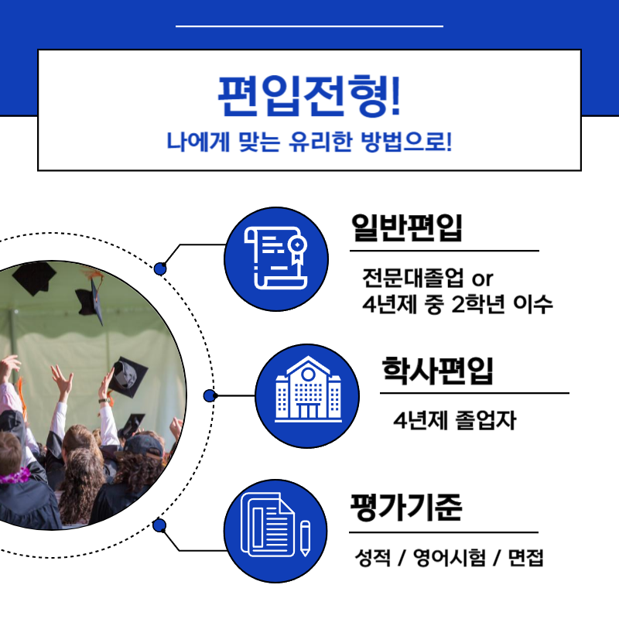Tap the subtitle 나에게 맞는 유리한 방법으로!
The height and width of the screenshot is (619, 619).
(x=309, y=142)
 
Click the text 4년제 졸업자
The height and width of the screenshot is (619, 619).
(x=454, y=422)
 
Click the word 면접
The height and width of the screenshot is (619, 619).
(x=525, y=558)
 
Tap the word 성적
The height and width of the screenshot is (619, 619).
(x=370, y=558)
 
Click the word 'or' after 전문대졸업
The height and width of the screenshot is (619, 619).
(x=482, y=278)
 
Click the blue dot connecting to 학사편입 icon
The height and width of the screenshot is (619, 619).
(x=209, y=395)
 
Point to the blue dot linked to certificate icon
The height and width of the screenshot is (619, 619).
(x=160, y=268)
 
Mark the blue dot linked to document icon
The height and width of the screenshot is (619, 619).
(x=160, y=526)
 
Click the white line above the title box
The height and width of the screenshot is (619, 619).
(x=309, y=26)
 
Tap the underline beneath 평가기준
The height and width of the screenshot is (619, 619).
(x=443, y=532)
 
